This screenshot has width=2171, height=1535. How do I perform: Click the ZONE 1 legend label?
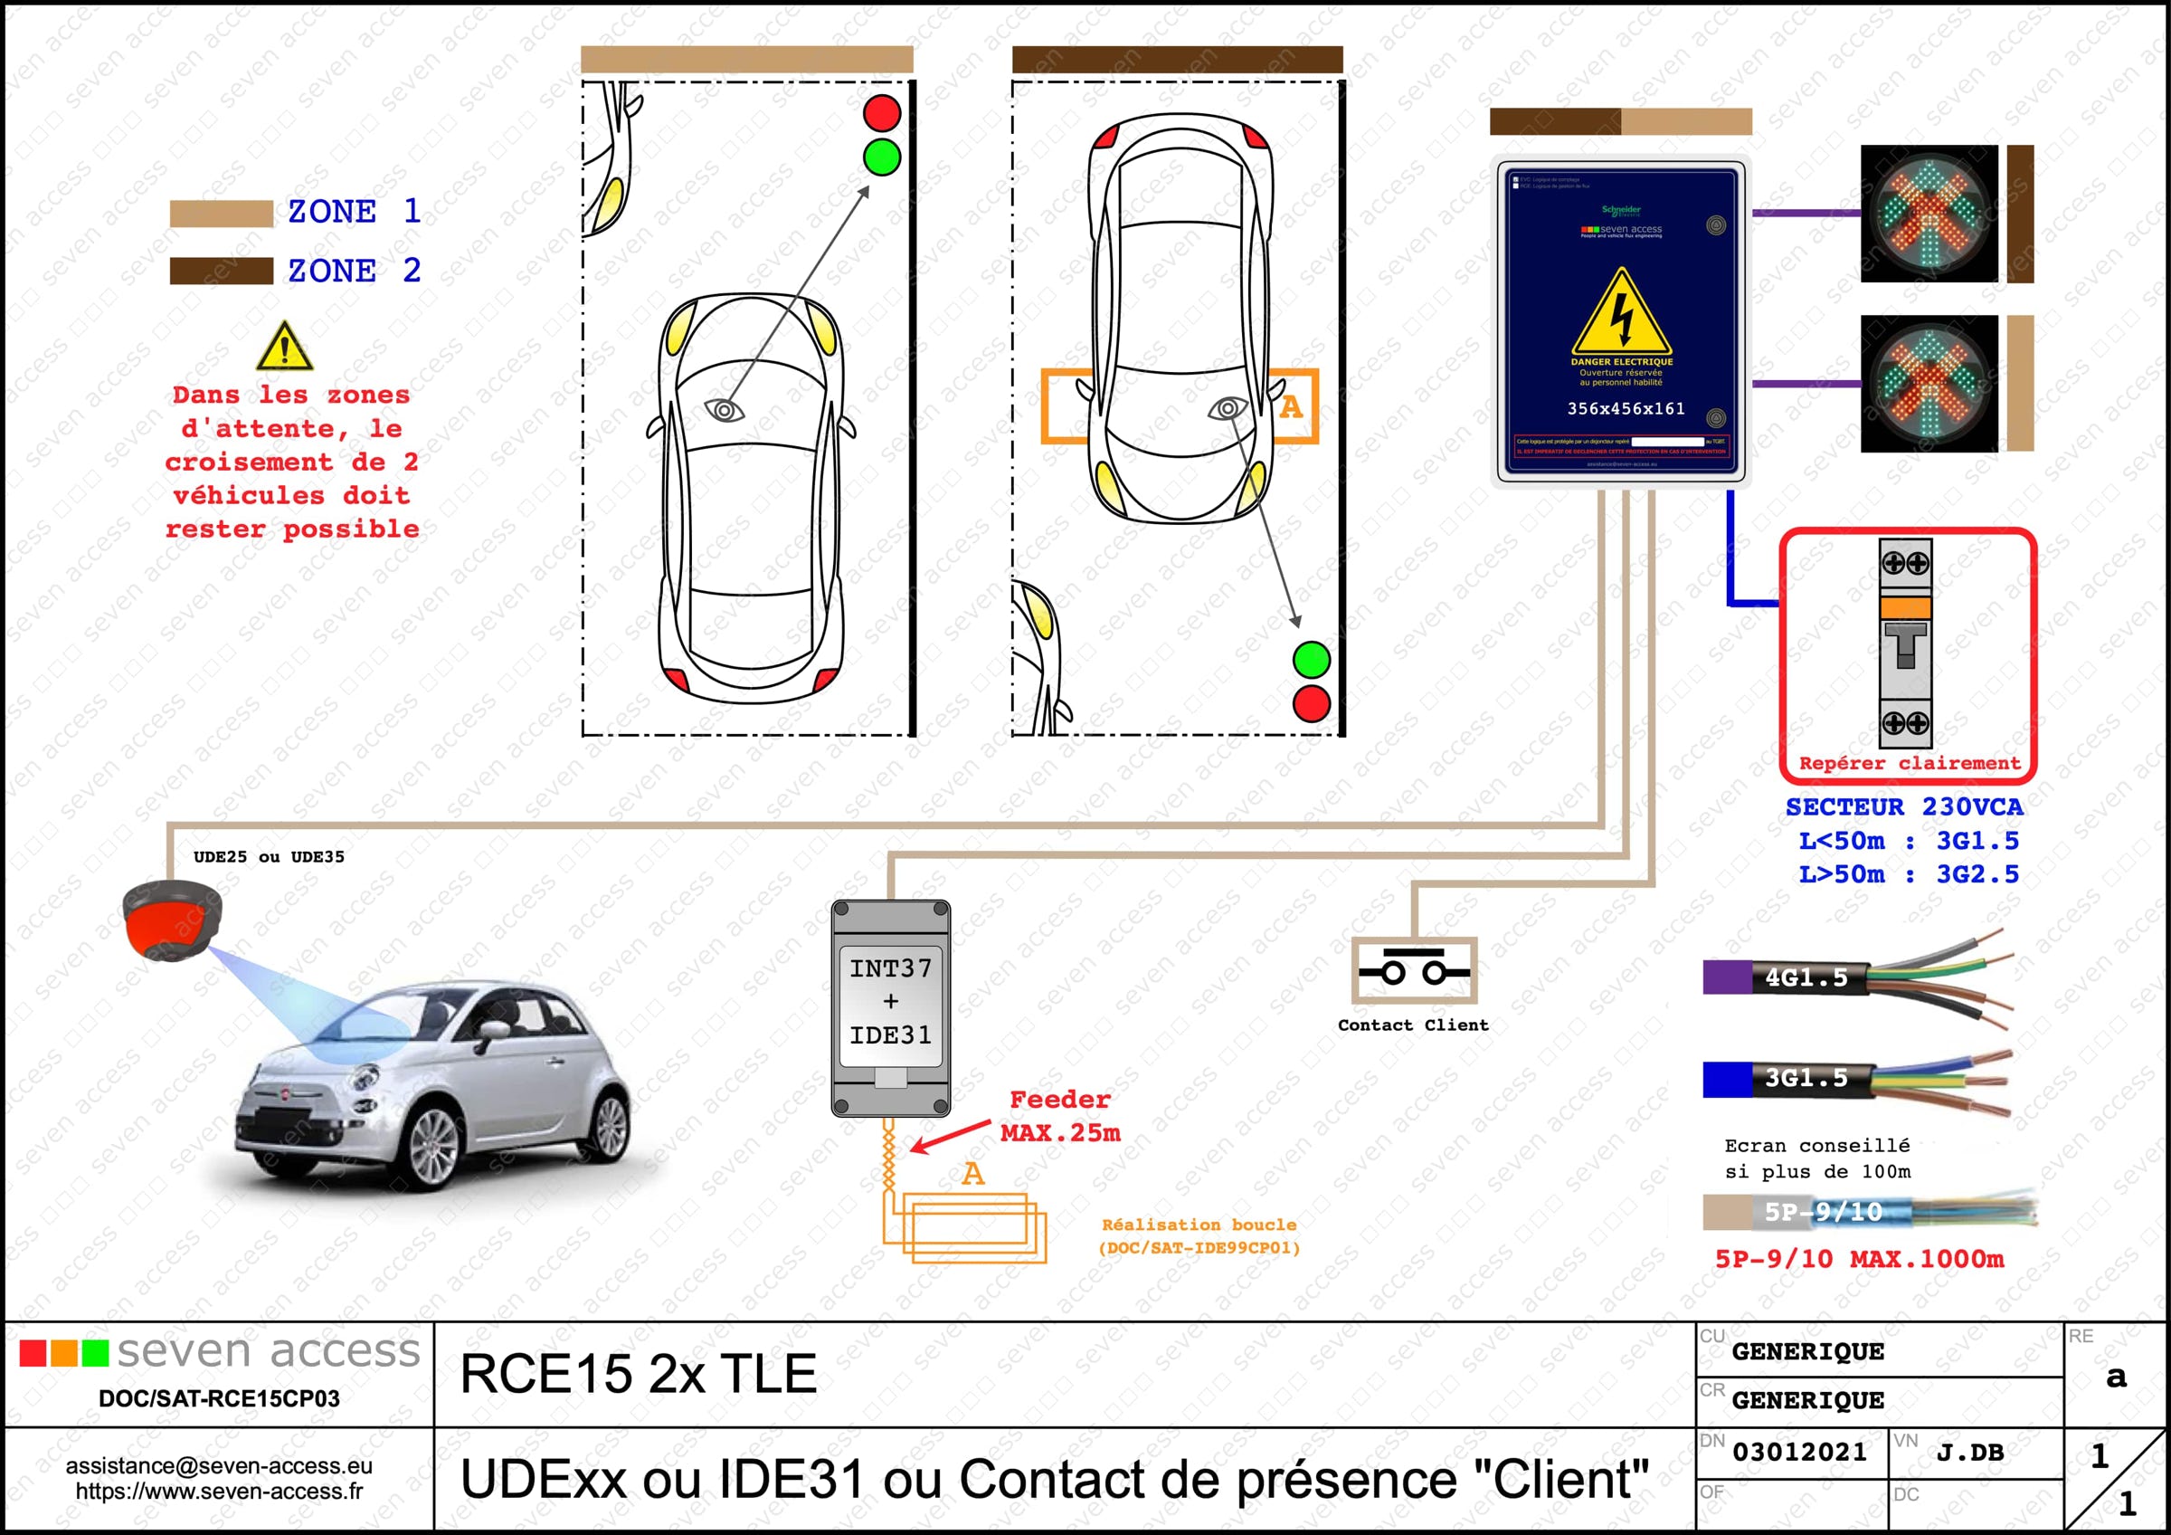point(354,211)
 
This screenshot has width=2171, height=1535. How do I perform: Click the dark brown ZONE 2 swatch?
point(222,271)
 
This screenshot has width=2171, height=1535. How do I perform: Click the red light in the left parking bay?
point(881,112)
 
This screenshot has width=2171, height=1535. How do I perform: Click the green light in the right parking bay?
point(1311,659)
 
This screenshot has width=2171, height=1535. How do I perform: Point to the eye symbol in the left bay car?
point(725,409)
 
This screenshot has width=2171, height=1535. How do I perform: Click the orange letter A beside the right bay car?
point(1291,407)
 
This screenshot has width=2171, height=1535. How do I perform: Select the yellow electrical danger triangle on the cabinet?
point(1622,314)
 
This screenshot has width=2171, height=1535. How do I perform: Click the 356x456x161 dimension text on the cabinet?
point(1626,408)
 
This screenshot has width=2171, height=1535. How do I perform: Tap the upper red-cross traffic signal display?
point(1929,214)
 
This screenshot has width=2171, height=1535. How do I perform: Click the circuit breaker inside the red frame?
point(1905,644)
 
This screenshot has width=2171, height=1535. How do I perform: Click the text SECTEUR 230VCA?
point(1903,806)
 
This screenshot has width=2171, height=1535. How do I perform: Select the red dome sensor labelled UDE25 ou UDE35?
point(172,919)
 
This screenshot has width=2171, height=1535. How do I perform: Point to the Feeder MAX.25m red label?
point(1060,1116)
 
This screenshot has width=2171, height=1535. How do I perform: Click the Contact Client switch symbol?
point(1413,971)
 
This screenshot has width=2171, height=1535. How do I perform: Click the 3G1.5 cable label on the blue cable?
point(1806,1078)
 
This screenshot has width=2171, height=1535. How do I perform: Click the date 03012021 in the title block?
point(1798,1452)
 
